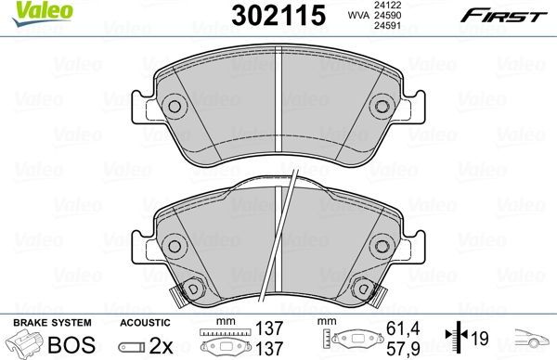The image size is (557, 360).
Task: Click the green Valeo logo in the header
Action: click(43, 14)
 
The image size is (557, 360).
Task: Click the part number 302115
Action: click(278, 15)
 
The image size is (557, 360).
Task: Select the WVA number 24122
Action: click(387, 6)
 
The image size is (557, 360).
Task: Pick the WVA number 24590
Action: click(387, 15)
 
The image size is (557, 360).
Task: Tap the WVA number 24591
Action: click(387, 26)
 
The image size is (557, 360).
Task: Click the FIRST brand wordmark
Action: click(504, 16)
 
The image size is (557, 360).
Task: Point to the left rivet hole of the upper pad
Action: click(175, 106)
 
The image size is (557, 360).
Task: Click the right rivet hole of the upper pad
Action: click(382, 106)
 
